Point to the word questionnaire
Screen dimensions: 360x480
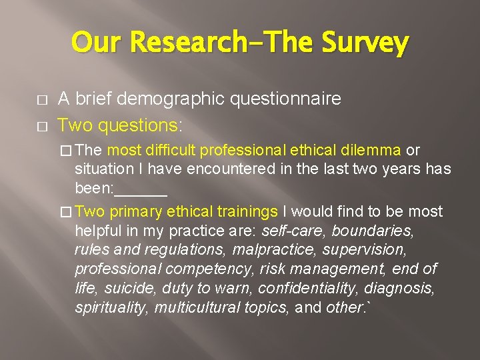286,99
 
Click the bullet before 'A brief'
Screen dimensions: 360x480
34,101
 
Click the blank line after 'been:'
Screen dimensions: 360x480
141,189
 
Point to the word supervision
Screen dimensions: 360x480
363,250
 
